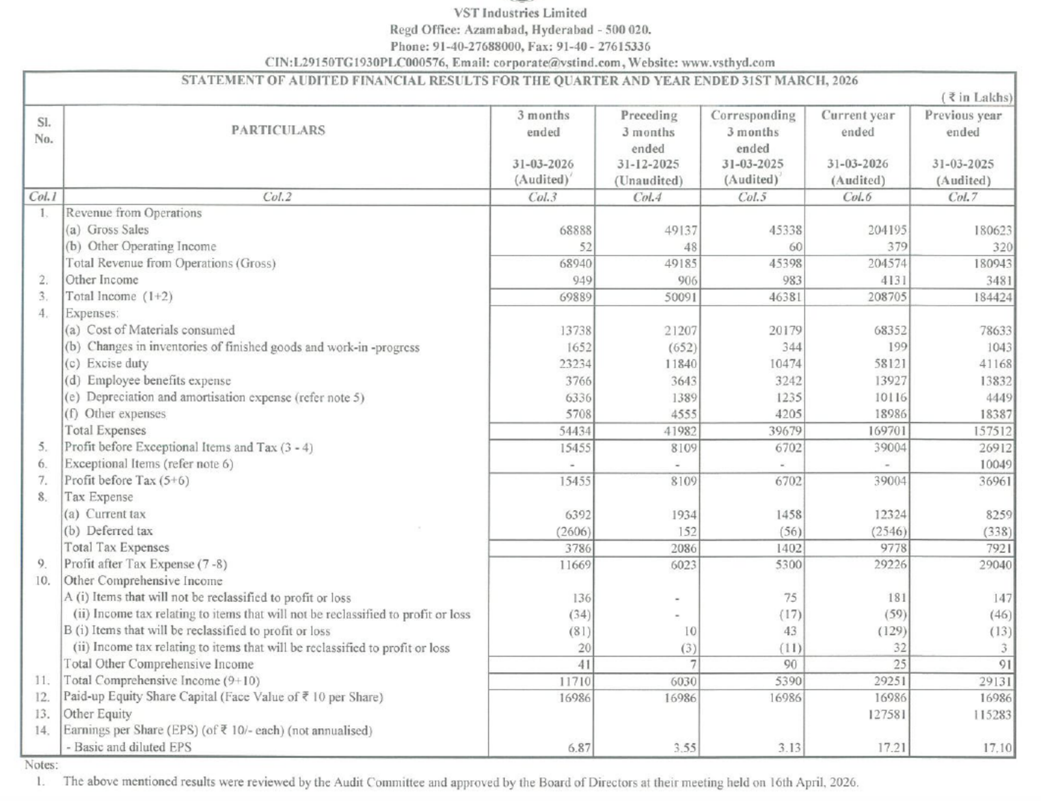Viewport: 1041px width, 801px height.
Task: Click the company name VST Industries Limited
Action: (x=520, y=13)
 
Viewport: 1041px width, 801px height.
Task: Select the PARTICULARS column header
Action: (x=278, y=130)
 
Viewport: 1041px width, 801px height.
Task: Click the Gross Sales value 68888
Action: (x=575, y=230)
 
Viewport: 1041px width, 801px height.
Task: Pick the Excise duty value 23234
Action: (x=575, y=364)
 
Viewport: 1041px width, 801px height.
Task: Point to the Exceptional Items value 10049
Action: (x=995, y=465)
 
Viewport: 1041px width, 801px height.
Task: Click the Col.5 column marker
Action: (x=752, y=197)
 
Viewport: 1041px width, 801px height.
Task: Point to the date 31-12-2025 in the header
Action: (x=647, y=164)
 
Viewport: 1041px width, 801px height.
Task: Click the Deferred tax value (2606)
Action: (x=573, y=532)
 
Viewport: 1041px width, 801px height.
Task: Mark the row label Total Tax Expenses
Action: (x=116, y=548)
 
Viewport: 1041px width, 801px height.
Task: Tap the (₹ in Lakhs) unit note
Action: (x=977, y=98)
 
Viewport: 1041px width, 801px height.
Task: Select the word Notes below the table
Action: (x=41, y=765)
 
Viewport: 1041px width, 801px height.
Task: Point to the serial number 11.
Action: (x=42, y=681)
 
